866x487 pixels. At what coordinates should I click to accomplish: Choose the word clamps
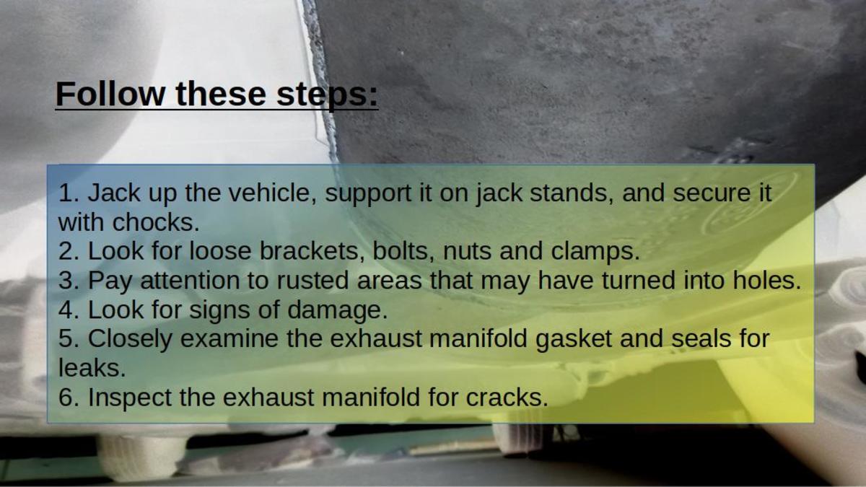595,251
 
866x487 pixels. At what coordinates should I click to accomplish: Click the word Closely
131,339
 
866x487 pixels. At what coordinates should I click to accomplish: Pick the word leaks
92,368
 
